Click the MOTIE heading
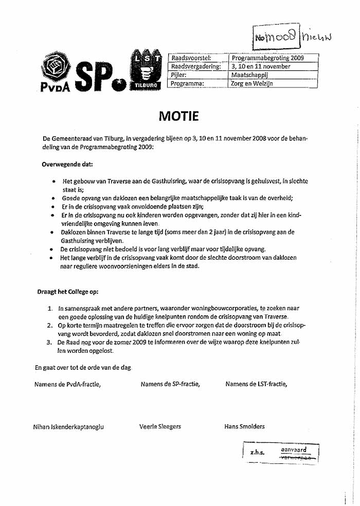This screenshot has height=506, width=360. coord(178,116)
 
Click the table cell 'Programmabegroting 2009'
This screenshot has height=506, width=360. coord(267,58)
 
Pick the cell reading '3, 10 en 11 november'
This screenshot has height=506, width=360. coord(261,66)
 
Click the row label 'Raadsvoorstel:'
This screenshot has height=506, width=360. coord(191,58)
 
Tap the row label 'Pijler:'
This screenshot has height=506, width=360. coord(179,75)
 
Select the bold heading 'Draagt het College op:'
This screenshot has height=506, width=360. coord(68,291)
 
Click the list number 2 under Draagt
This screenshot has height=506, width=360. coord(50,326)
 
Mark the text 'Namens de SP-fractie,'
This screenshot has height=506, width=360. coord(170,384)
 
